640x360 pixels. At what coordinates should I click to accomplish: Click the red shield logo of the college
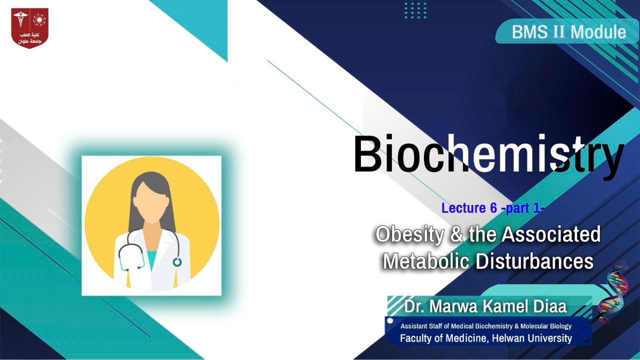click(x=30, y=28)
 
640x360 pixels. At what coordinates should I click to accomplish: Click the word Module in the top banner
click(x=598, y=32)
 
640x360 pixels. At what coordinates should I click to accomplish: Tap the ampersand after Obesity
click(x=456, y=234)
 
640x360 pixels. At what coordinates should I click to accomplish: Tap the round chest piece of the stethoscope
click(x=177, y=261)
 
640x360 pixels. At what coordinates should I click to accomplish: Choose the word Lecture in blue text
click(x=462, y=208)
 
